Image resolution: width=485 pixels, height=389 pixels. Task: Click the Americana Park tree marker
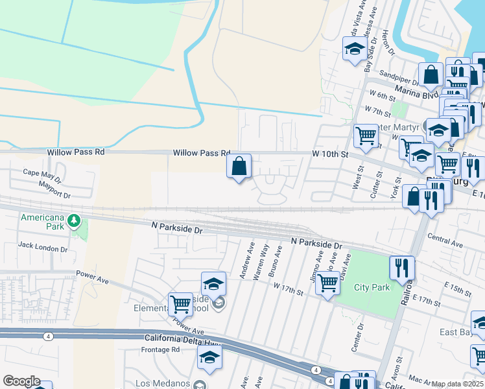click(75, 222)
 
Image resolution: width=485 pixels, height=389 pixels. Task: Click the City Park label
click(372, 287)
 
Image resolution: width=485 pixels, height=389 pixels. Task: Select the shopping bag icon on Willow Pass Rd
click(239, 166)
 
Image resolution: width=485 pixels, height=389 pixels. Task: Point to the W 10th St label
click(330, 154)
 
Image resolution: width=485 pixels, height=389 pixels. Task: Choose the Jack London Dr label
click(43, 246)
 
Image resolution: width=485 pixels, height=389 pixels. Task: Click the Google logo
click(21, 381)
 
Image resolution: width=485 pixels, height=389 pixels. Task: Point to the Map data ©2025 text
click(458, 384)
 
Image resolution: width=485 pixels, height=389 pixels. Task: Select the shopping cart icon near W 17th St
click(328, 283)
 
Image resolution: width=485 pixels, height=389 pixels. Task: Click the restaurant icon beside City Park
click(402, 266)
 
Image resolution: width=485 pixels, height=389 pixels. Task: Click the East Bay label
click(455, 333)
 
